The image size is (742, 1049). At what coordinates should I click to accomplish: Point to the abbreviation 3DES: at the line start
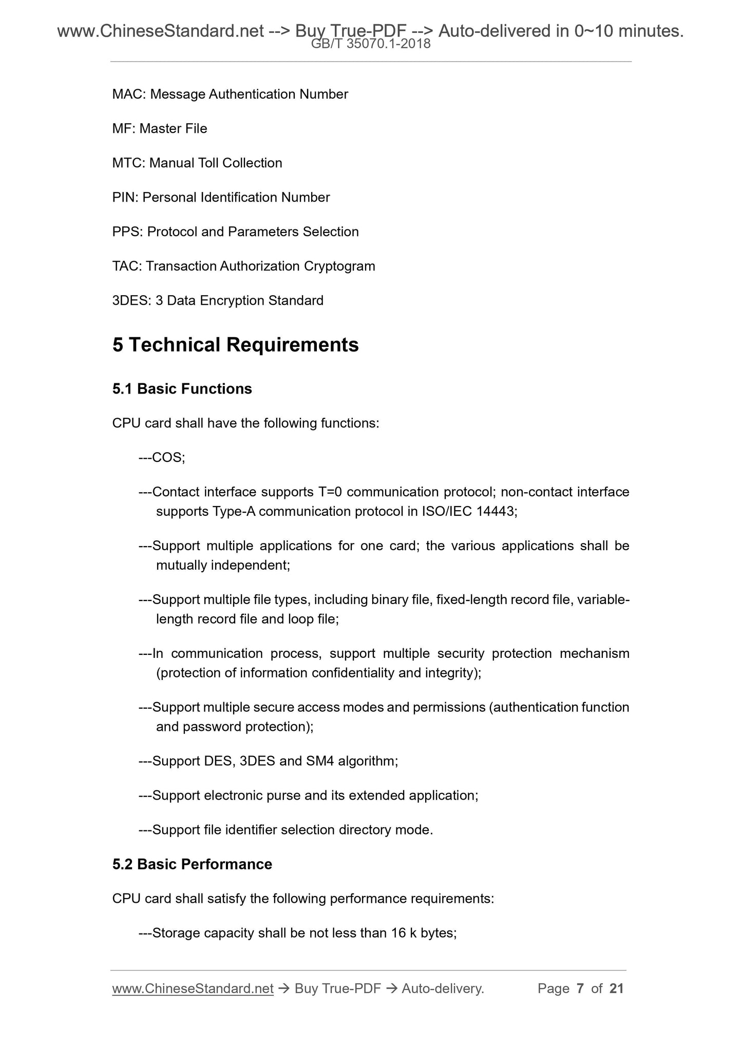[131, 301]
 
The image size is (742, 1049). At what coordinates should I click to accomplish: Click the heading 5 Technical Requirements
[235, 345]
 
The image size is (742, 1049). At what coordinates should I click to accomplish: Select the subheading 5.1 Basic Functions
[182, 389]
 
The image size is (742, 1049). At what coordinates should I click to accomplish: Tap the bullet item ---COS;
[162, 457]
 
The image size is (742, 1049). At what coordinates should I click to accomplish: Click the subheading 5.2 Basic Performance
[192, 864]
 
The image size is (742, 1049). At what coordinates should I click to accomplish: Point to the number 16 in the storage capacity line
[398, 933]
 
